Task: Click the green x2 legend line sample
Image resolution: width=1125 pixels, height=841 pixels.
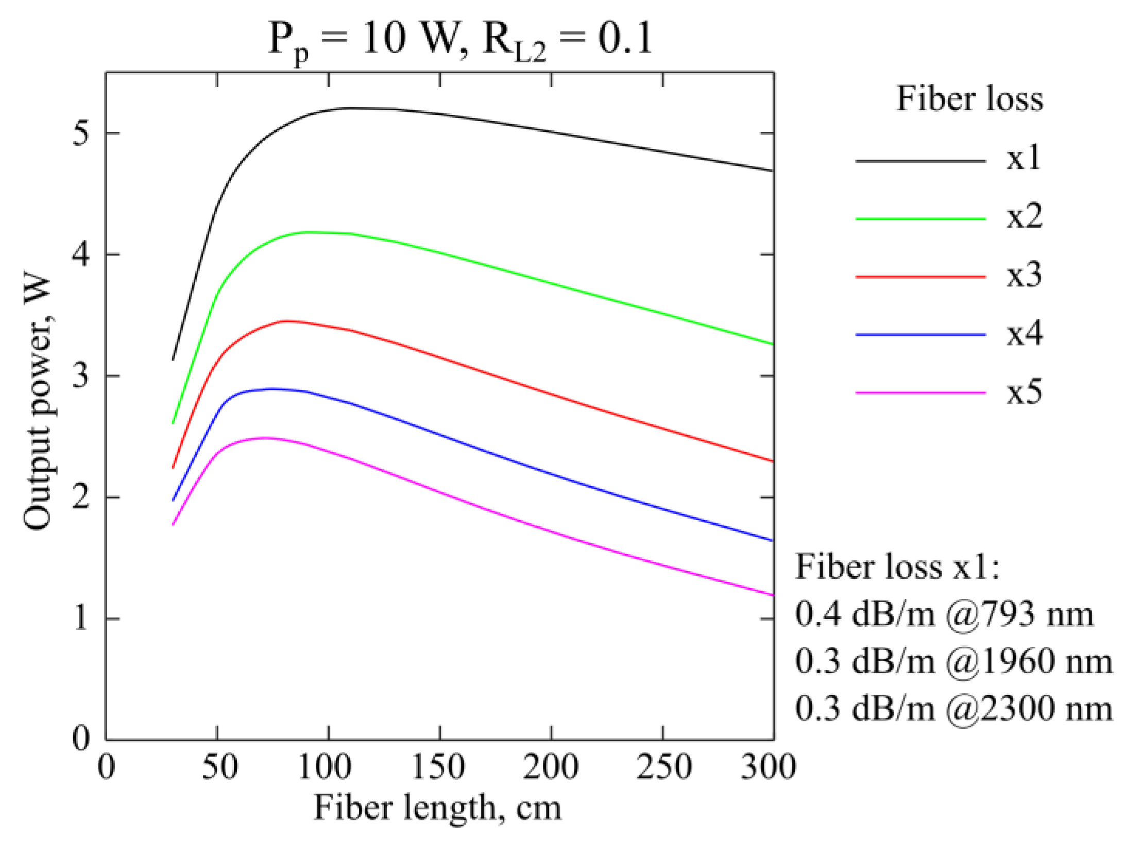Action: [x=920, y=219]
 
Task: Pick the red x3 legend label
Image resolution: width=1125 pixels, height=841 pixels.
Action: [x=1024, y=275]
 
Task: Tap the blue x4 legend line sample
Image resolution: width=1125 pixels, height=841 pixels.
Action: [x=920, y=335]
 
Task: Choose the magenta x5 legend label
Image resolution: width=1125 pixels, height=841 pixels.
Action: [x=1024, y=392]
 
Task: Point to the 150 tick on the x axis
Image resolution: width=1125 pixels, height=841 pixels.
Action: [x=439, y=766]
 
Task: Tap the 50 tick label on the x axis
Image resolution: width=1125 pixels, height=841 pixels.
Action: [x=219, y=766]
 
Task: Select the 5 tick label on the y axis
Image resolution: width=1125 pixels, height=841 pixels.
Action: [x=81, y=133]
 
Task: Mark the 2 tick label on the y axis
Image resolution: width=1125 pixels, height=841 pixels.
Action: [x=81, y=497]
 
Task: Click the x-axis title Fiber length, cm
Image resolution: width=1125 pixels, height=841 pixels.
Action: [x=437, y=808]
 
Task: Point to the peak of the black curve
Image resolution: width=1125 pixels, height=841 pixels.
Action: [x=355, y=108]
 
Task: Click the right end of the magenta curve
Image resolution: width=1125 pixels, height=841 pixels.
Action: [x=773, y=595]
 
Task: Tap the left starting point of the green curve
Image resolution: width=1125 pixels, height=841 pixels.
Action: [x=173, y=423]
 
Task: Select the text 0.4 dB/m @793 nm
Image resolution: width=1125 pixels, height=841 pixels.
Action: [x=944, y=614]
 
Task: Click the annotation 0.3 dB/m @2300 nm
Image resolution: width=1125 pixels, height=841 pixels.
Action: [x=953, y=708]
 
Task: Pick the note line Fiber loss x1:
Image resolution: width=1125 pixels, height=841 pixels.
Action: [x=897, y=567]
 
